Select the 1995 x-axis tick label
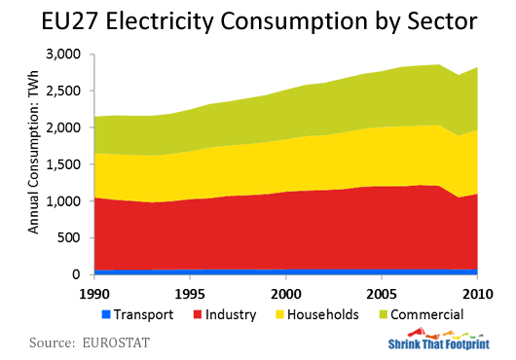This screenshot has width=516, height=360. coord(189,293)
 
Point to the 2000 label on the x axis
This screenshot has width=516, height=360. coord(285,293)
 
